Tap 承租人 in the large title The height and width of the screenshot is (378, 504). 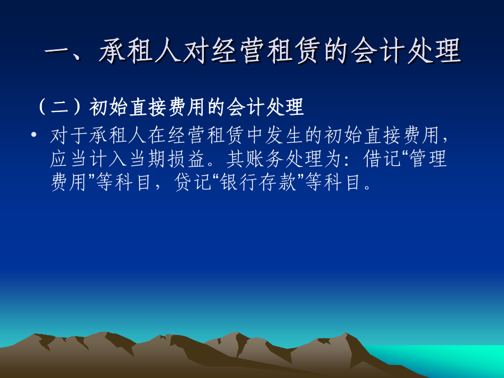point(140,51)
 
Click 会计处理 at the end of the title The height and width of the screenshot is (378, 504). point(405,51)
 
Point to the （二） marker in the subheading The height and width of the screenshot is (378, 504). point(61,107)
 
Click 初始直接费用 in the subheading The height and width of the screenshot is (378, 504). point(147,107)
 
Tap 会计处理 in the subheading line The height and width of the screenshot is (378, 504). point(265,107)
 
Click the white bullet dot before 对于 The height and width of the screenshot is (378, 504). point(34,134)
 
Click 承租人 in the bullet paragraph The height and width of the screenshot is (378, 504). point(118,136)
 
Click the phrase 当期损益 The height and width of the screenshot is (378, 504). point(167,159)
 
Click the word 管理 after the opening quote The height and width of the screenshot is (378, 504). point(428,159)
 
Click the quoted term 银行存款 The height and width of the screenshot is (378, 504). point(258,182)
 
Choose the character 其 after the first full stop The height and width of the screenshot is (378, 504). point(236,159)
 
